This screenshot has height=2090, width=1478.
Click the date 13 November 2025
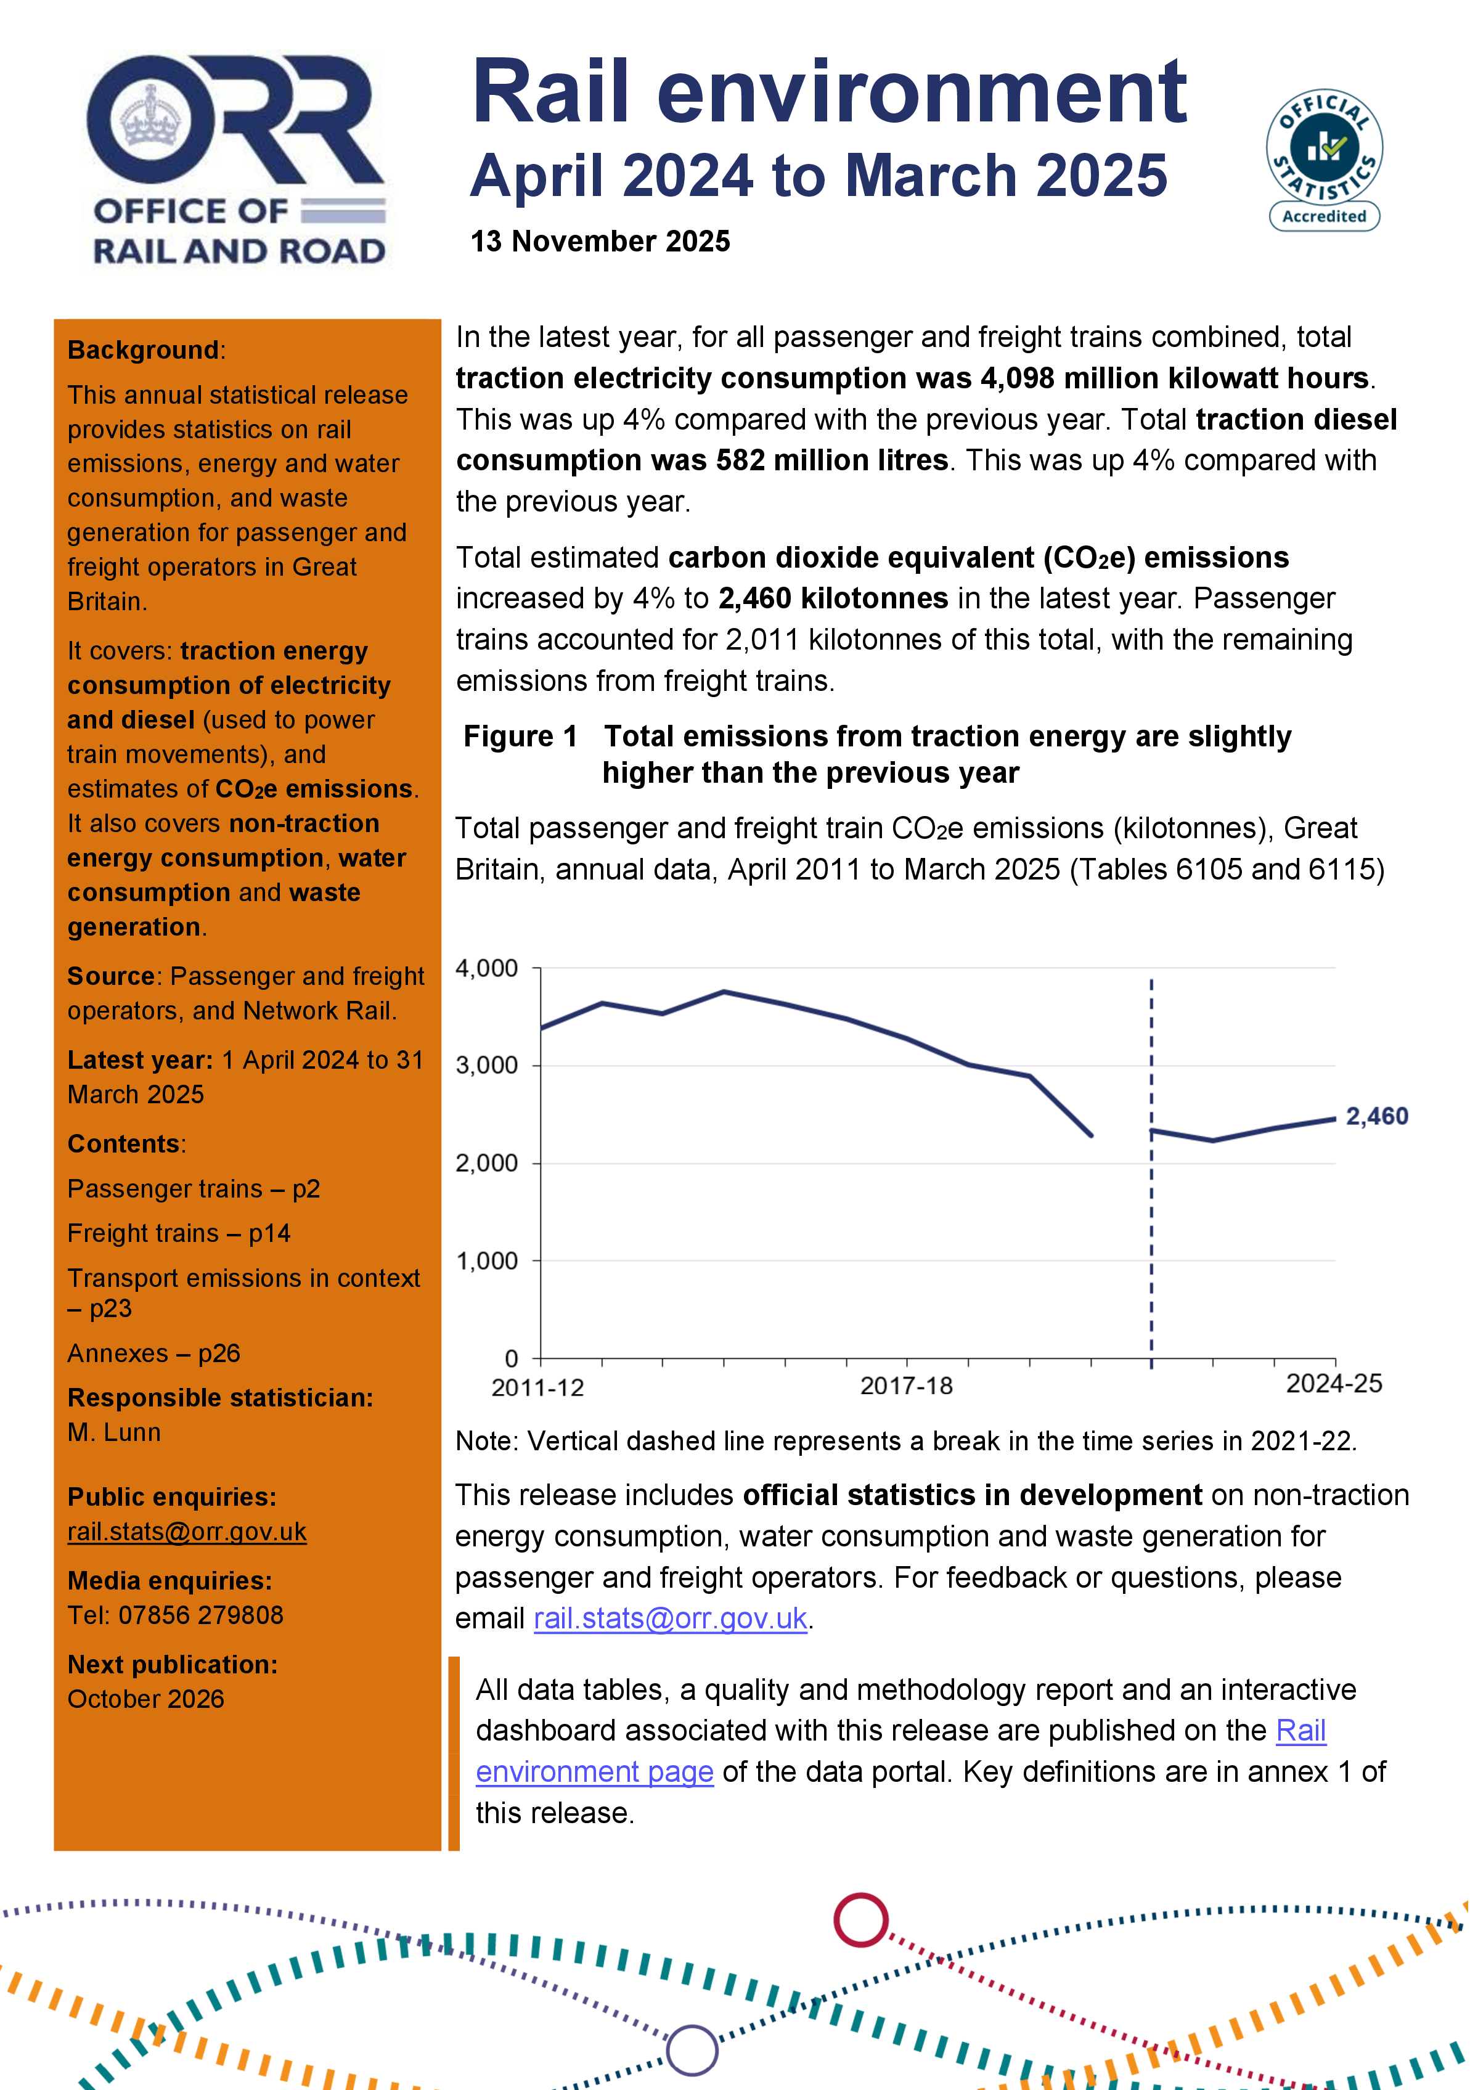click(x=600, y=241)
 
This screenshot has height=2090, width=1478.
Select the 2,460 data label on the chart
click(x=1376, y=1116)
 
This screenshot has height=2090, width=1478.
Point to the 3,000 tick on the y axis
click(x=487, y=1065)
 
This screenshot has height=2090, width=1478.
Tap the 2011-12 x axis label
click(x=537, y=1387)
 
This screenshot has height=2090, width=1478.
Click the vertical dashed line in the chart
click(x=1151, y=1229)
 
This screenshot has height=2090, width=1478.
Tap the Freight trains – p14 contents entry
click(x=178, y=1233)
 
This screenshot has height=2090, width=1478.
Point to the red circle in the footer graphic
click(x=860, y=1920)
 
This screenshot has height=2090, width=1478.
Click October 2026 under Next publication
click(x=145, y=1699)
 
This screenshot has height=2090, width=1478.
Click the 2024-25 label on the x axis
click(x=1333, y=1384)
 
